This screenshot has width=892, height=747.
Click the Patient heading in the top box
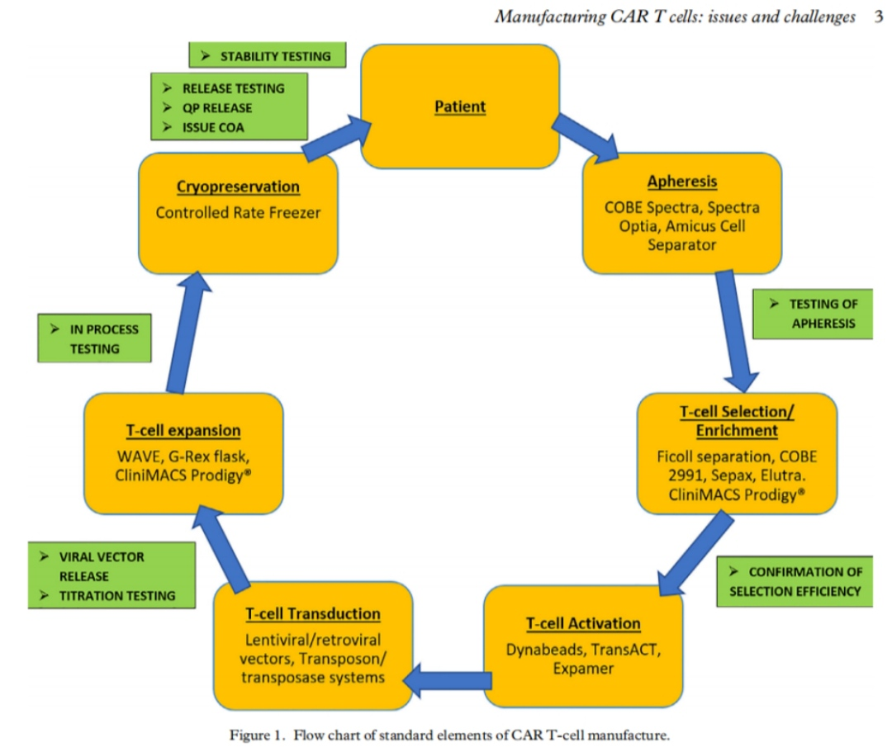tap(460, 106)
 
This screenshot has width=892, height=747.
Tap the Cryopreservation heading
tap(238, 187)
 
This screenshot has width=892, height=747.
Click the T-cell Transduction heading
tap(312, 613)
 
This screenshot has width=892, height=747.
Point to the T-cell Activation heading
tap(583, 622)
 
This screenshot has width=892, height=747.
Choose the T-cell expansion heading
tap(183, 430)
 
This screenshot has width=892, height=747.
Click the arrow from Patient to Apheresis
tap(585, 135)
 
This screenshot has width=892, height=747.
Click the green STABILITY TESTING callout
tap(267, 56)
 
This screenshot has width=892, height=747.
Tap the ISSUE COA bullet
tap(215, 127)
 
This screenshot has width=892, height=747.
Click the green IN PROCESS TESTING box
tap(95, 338)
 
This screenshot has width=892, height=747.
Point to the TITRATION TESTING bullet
tap(117, 595)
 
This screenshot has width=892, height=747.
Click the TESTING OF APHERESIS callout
tap(813, 314)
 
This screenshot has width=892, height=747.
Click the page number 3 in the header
tap(878, 17)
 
